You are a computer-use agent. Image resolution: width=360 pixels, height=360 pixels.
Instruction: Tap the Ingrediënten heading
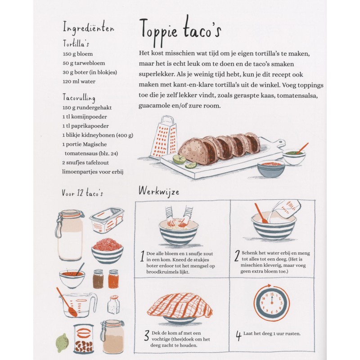pos(88,28)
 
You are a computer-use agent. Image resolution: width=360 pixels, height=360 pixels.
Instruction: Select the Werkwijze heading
pos(158,191)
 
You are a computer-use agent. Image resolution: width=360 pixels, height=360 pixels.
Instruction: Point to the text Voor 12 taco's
pos(83,193)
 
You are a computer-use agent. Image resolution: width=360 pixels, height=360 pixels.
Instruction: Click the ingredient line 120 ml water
pos(79,81)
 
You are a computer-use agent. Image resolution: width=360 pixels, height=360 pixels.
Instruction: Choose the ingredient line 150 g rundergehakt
pos(87,108)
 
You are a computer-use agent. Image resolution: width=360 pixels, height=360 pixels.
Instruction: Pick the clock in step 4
pos(271,304)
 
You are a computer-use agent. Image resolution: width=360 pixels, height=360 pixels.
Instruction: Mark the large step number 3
pos(146,335)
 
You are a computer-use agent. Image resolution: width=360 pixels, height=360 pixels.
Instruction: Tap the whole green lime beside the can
pos(63,342)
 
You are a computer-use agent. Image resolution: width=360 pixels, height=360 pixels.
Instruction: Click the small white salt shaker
pos(113,305)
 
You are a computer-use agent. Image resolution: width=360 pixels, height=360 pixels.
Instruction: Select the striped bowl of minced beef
pos(107,250)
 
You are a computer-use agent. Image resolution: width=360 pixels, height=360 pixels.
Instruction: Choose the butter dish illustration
pos(107,220)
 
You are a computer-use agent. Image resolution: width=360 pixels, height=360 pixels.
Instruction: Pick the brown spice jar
pos(98,279)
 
